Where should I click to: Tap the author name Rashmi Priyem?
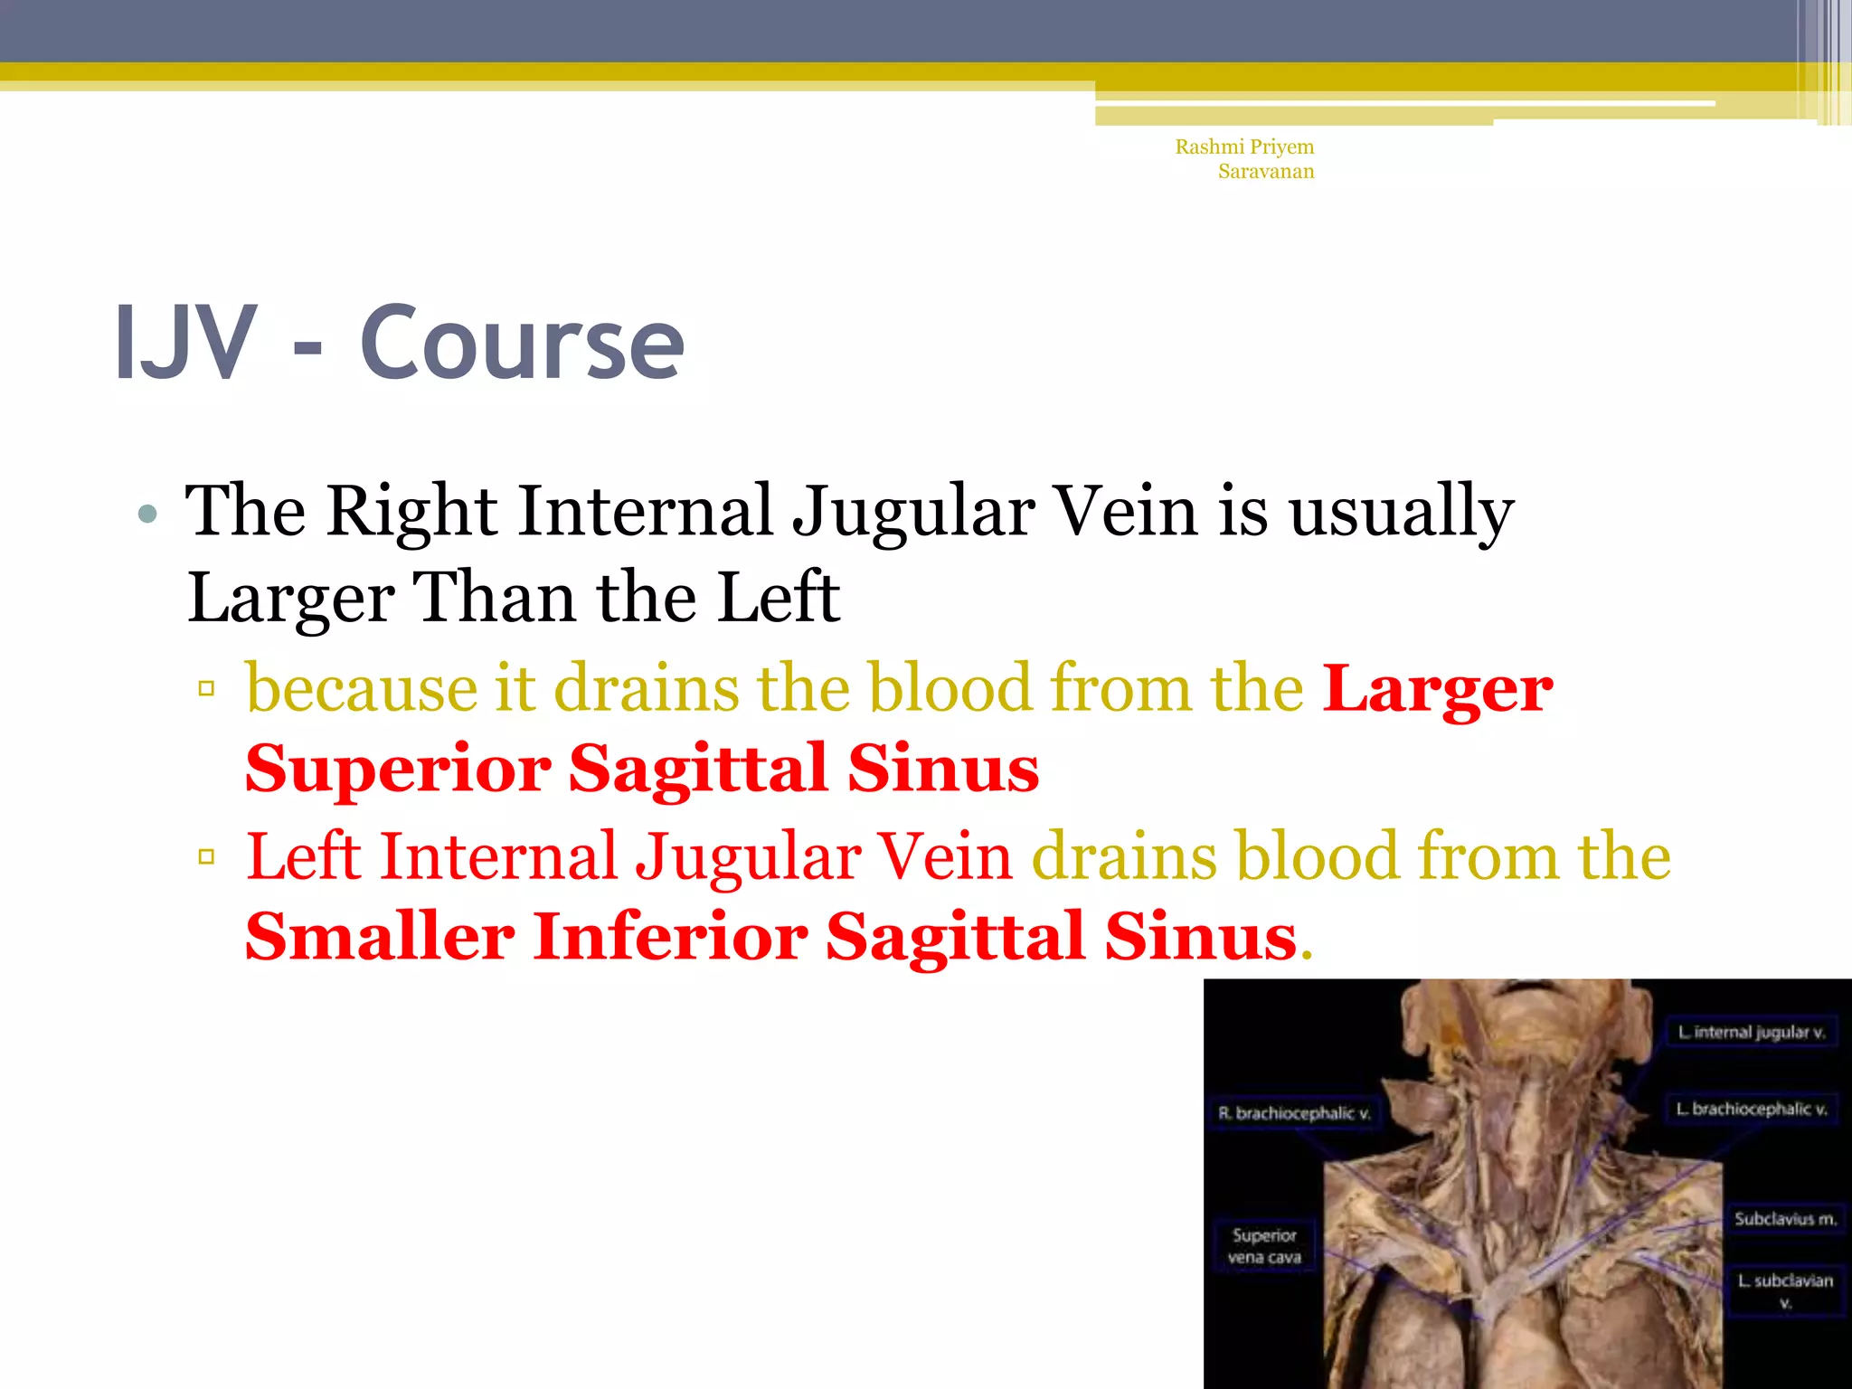pos(1244,146)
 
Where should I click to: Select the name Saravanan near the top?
pos(1265,171)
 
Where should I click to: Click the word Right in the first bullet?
pos(411,511)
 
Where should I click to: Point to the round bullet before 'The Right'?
pos(147,515)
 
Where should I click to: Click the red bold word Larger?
pos(1437,689)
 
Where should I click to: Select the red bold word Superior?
pos(398,769)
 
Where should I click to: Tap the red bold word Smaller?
pos(380,937)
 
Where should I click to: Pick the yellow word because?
pos(361,689)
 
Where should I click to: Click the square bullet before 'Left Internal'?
pos(206,856)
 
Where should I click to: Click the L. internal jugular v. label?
pos(1751,1032)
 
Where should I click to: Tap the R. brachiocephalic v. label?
pos(1294,1113)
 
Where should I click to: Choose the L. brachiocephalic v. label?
pos(1751,1109)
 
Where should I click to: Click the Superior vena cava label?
pos(1263,1246)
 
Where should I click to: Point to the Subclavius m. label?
pos(1785,1219)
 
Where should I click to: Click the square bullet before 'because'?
pos(206,689)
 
